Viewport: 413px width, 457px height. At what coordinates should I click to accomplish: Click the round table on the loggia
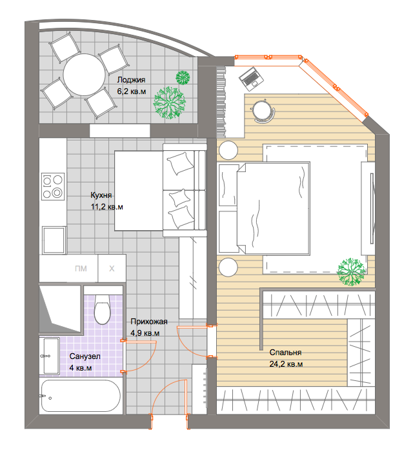tap(84, 75)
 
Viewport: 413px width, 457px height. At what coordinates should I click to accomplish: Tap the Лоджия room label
tap(131, 80)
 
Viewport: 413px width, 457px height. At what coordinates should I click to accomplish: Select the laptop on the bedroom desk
tap(251, 79)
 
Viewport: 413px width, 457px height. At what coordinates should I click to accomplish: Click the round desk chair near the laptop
tap(263, 111)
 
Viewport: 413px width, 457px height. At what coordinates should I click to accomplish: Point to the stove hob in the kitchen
tap(53, 186)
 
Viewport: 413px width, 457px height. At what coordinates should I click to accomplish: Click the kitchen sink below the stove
tap(54, 240)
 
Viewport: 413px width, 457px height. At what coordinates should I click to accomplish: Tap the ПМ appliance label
tap(81, 268)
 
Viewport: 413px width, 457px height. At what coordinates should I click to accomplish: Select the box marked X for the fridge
tap(112, 268)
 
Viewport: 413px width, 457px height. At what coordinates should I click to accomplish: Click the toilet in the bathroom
tap(103, 309)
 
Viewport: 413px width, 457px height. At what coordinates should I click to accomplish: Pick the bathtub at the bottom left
tap(81, 396)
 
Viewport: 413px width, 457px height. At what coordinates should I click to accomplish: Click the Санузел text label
tap(85, 356)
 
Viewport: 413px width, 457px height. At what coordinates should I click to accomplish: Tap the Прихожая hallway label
tap(149, 322)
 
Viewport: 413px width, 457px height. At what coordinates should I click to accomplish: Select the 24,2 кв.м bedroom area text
tap(286, 364)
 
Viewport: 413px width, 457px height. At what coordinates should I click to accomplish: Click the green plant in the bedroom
tap(351, 271)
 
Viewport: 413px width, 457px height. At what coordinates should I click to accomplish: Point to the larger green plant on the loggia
tap(169, 102)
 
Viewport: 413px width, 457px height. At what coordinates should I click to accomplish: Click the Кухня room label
tap(101, 195)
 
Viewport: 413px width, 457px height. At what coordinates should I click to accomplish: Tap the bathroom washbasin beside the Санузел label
tap(52, 356)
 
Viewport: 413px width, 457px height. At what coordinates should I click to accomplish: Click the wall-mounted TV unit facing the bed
tap(368, 208)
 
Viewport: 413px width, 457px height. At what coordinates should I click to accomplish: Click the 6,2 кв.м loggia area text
tap(132, 92)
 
